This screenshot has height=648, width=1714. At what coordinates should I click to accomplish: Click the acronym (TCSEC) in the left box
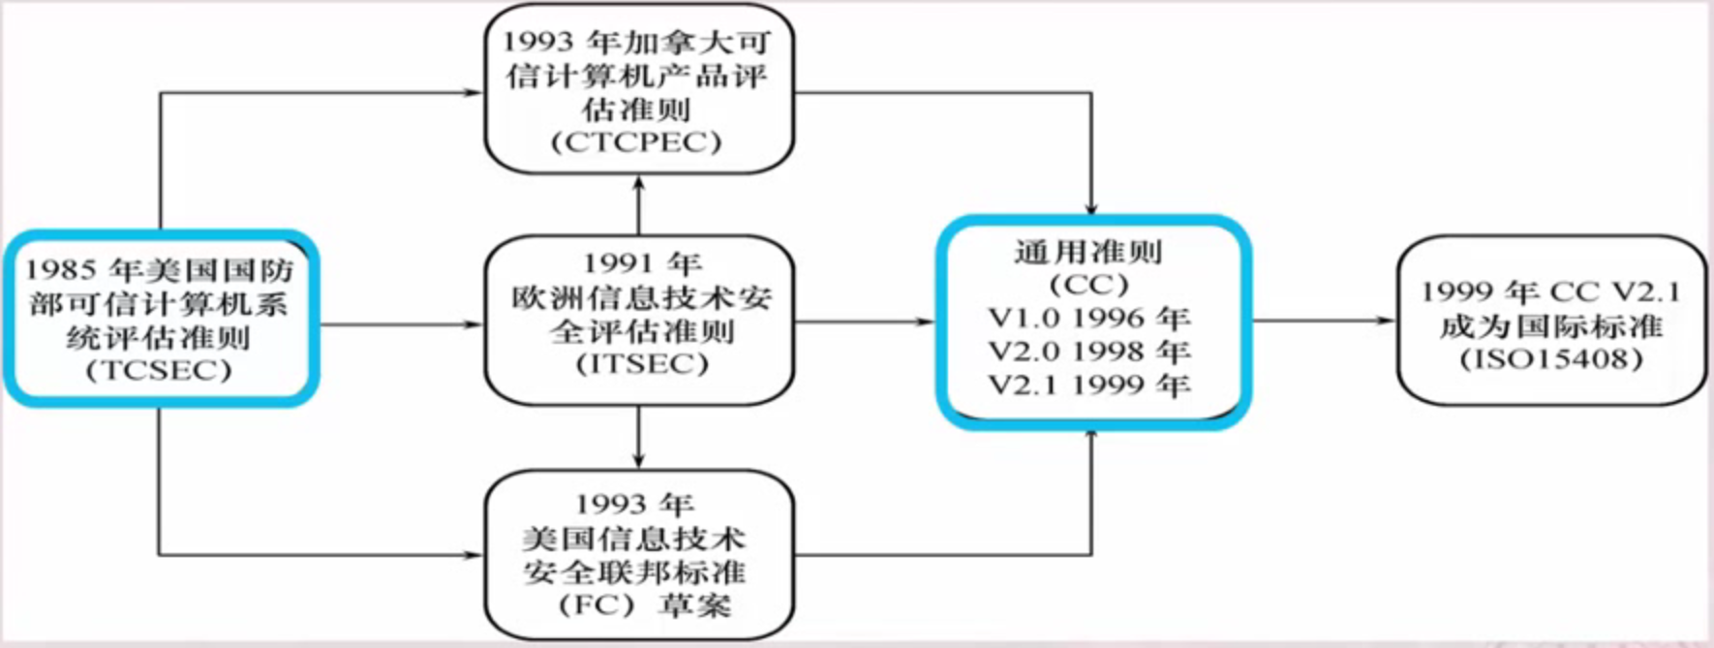coord(159,371)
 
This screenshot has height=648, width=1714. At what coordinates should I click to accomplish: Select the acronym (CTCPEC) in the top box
coord(637,142)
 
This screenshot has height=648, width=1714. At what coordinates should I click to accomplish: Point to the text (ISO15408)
coord(1551,359)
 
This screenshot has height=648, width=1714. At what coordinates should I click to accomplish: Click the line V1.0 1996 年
coord(1089,318)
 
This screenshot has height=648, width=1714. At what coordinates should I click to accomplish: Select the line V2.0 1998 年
coord(1089,351)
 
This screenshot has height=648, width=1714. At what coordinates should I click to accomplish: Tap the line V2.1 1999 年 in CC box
coord(1089,385)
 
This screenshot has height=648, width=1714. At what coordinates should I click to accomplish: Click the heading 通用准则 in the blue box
coord(1088,252)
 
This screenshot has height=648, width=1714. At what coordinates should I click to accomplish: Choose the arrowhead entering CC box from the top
coord(1091,208)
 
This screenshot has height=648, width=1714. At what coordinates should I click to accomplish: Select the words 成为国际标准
coord(1551,326)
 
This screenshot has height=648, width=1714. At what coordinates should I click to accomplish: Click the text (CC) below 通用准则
coord(1088,285)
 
